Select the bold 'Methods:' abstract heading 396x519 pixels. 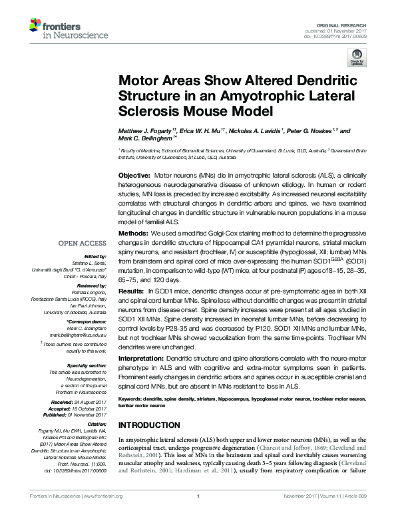[133, 235]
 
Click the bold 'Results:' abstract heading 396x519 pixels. [132, 292]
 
